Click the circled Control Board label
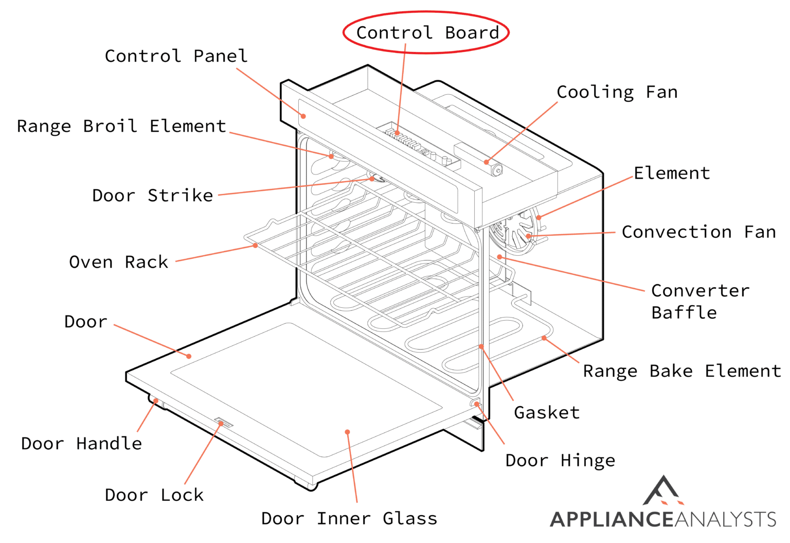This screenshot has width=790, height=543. tap(427, 32)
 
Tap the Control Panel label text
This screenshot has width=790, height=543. tap(176, 56)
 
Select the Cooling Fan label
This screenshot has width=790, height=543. tap(617, 92)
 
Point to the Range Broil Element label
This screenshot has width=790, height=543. tap(121, 126)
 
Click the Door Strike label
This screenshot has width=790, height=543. tap(152, 196)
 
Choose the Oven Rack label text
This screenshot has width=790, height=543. tap(118, 262)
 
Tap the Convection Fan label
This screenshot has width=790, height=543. tap(698, 232)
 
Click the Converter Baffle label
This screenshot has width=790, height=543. tap(699, 302)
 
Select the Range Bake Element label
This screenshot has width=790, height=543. tap(681, 371)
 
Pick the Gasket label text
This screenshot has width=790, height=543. tap(546, 412)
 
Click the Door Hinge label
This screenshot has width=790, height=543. tap(560, 460)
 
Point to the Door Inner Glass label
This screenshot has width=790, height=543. tap(349, 518)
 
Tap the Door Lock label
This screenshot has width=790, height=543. tap(154, 495)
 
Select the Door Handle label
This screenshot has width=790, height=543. tap(81, 444)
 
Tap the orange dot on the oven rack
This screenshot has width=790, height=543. tap(255, 246)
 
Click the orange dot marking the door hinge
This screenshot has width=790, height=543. tap(477, 404)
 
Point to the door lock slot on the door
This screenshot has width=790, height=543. tap(224, 423)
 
